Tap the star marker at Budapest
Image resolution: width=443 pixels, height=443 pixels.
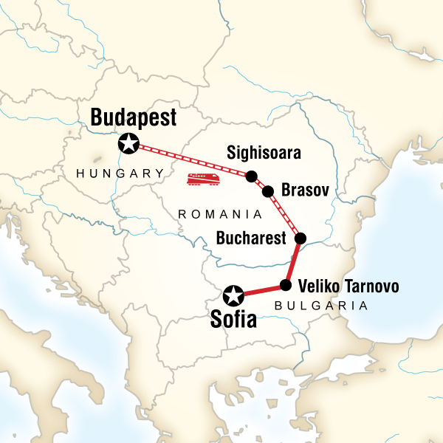coord(129,144)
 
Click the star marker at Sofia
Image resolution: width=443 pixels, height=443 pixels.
coord(234,296)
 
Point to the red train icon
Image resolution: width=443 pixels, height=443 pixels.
coord(203,179)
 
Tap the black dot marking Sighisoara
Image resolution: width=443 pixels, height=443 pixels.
coord(251,176)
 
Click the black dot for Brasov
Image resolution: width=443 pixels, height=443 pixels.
coord(268,191)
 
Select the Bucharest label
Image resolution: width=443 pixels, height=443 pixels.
coord(251,238)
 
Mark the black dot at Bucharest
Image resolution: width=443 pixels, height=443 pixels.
coord(301,238)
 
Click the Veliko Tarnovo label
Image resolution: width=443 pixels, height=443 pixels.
coord(349,286)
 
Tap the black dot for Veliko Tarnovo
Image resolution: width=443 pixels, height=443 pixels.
coord(286,284)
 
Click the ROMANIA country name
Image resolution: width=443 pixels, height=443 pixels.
coord(221,213)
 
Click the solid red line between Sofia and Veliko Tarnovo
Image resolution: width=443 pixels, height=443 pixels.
coord(260,290)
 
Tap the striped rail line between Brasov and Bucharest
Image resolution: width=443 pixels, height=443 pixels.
coord(284,215)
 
